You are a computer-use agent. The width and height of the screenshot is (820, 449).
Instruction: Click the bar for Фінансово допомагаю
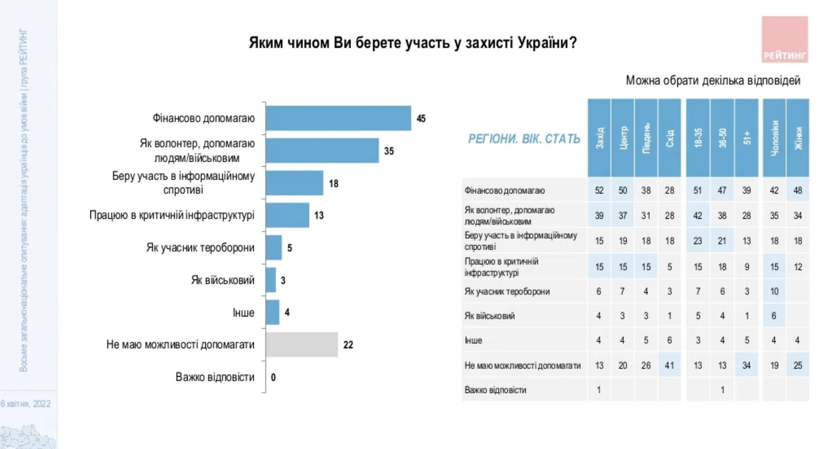click(x=338, y=118)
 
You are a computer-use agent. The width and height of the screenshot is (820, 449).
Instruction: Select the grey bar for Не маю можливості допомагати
click(x=301, y=345)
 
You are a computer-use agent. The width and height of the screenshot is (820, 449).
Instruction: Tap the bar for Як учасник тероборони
click(x=274, y=248)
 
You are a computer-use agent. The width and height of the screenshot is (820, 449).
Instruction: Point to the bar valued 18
click(x=294, y=183)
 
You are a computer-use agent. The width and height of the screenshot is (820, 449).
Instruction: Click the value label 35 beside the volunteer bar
click(x=389, y=151)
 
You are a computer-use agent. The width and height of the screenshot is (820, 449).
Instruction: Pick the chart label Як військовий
click(x=222, y=280)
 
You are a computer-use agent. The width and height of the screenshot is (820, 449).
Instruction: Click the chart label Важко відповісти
click(x=215, y=377)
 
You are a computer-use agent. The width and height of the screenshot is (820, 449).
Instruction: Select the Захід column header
click(x=599, y=138)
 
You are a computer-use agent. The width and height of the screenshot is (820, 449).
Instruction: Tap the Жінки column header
click(x=798, y=138)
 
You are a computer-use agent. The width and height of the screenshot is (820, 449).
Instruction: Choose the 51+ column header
click(x=747, y=138)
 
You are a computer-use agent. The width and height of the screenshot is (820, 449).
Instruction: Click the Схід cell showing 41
click(x=669, y=366)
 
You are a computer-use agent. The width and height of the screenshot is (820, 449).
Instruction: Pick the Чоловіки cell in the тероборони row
click(x=774, y=291)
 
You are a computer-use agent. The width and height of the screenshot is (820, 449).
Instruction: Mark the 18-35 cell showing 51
click(x=698, y=190)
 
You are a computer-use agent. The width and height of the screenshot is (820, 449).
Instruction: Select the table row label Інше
click(x=474, y=340)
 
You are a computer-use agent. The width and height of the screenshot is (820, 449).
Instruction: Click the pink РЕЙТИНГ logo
click(x=784, y=39)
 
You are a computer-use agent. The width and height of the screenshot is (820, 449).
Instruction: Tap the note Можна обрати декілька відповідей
click(x=713, y=80)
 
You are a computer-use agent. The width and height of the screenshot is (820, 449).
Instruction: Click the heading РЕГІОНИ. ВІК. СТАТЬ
click(x=524, y=139)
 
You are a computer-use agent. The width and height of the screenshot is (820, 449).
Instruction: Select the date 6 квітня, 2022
click(x=26, y=403)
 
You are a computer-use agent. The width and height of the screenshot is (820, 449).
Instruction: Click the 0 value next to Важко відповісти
click(x=273, y=377)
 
